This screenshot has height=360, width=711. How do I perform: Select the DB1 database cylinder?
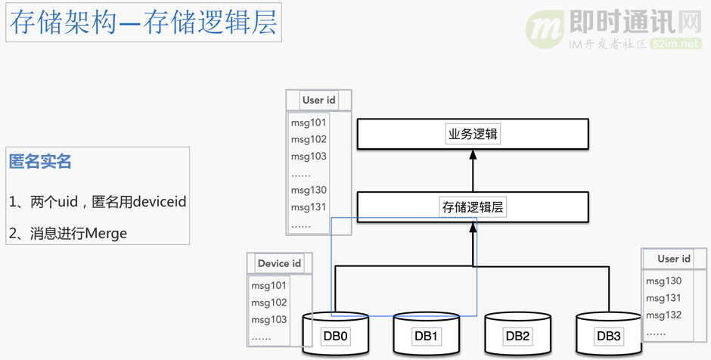pos(425,335)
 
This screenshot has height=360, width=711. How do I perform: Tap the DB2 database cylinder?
pos(517,335)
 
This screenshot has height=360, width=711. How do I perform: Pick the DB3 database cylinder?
pos(608,335)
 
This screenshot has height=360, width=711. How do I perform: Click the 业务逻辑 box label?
pos(473,135)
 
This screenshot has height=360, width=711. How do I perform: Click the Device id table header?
pos(279,263)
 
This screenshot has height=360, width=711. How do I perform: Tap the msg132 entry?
pos(663,315)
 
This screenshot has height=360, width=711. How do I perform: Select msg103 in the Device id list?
pos(269,319)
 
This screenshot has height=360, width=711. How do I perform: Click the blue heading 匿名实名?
pos(40,161)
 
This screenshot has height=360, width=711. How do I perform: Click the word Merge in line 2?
pos(106,234)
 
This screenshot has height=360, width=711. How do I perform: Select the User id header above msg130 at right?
pos(673,259)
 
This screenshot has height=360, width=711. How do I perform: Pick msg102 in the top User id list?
pos(309,139)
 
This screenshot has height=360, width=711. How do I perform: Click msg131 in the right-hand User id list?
pos(663,298)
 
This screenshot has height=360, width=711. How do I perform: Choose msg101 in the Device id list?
pos(269,285)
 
